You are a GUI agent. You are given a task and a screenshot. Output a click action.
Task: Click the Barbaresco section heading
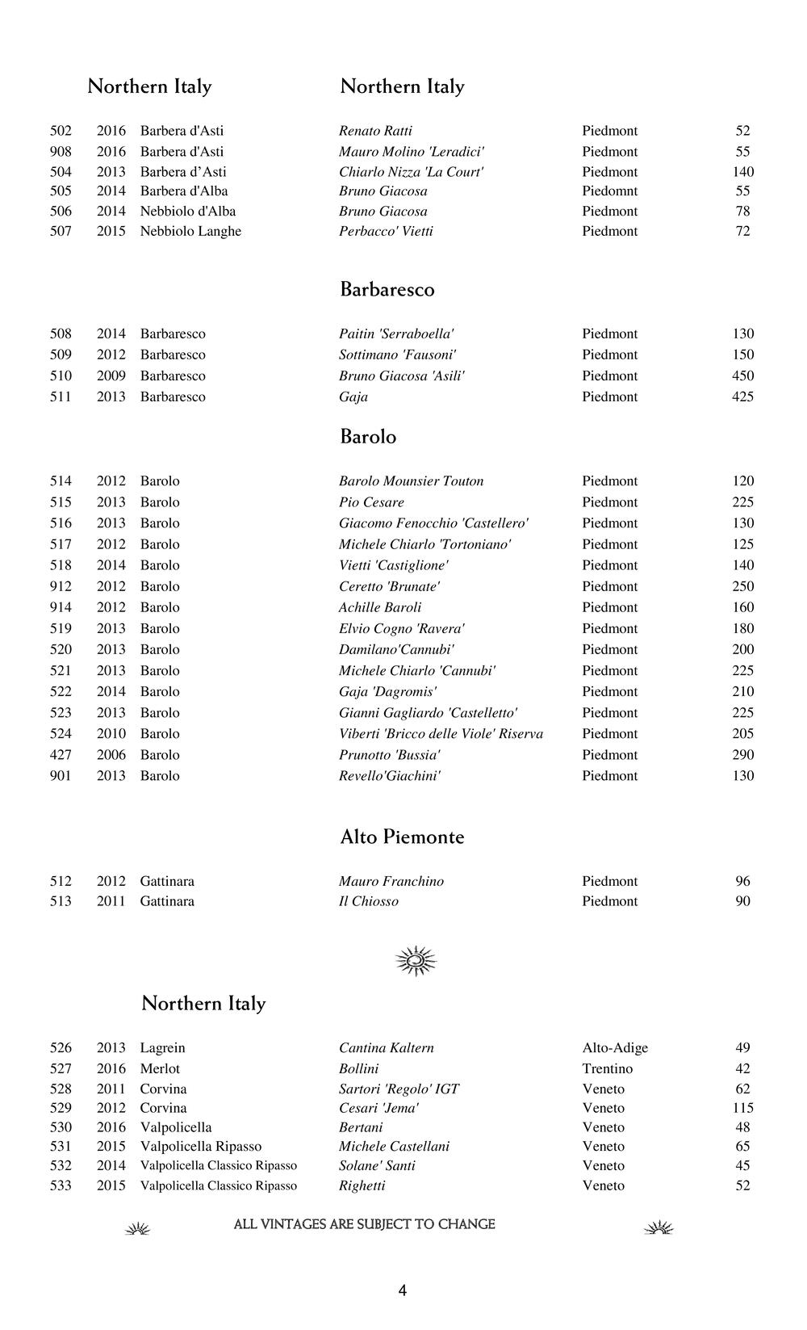click(387, 290)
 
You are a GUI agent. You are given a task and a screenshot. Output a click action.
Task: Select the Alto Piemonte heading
click(402, 837)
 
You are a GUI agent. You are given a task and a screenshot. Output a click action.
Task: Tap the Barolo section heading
click(368, 437)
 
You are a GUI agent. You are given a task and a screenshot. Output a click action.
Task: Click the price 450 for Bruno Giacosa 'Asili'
click(742, 376)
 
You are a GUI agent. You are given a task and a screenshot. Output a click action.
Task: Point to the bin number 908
click(61, 151)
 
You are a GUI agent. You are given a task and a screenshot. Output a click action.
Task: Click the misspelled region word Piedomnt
click(609, 191)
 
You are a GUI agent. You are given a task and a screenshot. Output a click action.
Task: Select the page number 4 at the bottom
click(402, 1290)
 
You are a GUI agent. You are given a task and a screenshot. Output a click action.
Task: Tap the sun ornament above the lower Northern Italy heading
click(416, 960)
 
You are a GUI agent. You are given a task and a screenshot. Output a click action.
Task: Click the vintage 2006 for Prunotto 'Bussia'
click(111, 754)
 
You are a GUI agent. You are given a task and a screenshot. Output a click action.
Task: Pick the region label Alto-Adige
click(615, 1047)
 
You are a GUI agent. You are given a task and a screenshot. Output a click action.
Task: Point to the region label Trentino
click(607, 1068)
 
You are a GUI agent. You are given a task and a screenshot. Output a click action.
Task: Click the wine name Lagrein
click(162, 1047)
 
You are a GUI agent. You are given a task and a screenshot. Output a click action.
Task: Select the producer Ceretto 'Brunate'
click(389, 586)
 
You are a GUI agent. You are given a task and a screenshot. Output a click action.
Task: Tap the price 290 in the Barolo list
click(742, 754)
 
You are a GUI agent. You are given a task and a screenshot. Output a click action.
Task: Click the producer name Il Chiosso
click(368, 901)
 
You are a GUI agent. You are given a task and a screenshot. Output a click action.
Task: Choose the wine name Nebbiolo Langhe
click(190, 231)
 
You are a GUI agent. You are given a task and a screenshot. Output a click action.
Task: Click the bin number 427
click(61, 754)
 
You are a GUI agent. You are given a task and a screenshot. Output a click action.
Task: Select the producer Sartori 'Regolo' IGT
click(399, 1089)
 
